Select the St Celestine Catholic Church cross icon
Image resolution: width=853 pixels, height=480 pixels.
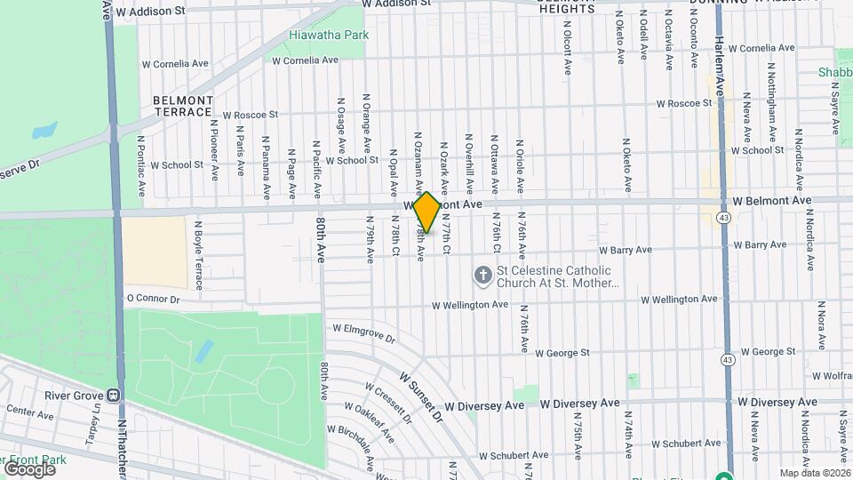482,276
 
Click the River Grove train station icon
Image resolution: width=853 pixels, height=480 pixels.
114,395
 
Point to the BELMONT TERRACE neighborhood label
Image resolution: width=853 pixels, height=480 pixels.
183,106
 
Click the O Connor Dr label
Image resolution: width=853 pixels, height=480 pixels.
153,300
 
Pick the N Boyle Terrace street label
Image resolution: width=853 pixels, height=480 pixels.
199,255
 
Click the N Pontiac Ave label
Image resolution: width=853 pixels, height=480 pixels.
140,165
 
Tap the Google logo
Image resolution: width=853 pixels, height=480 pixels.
28,468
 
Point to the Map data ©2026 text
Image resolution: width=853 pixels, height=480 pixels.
814,473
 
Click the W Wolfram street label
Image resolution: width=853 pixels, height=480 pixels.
826,376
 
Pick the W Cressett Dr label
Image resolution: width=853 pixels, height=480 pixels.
387,401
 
